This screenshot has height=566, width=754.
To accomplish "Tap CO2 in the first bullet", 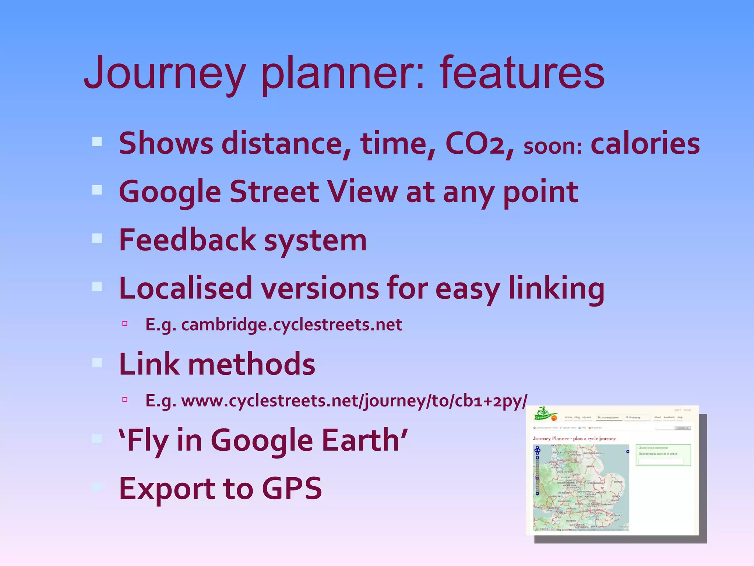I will click(479, 144).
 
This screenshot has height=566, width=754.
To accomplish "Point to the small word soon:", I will click(553, 147).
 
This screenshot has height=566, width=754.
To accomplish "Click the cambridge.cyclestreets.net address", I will click(291, 325).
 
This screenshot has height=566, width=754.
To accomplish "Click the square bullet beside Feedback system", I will click(97, 238).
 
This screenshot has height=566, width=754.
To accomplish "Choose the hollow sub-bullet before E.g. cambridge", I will click(125, 324).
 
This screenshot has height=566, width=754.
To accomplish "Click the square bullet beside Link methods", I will click(97, 363).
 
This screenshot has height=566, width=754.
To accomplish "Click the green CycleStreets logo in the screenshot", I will click(545, 414).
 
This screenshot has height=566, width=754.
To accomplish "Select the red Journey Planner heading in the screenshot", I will click(574, 439).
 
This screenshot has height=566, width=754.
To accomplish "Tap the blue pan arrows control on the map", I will click(537, 450).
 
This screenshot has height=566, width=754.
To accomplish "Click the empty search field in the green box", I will click(661, 461).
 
